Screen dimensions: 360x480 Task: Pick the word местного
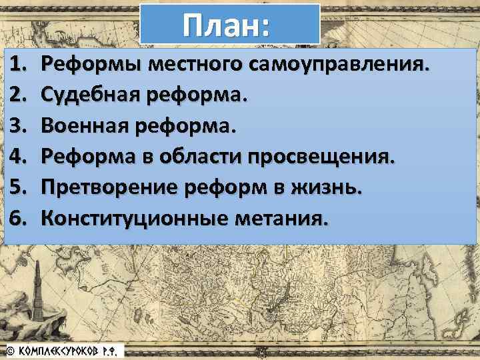[x=196, y=65]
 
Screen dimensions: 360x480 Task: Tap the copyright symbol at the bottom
[x=10, y=351]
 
